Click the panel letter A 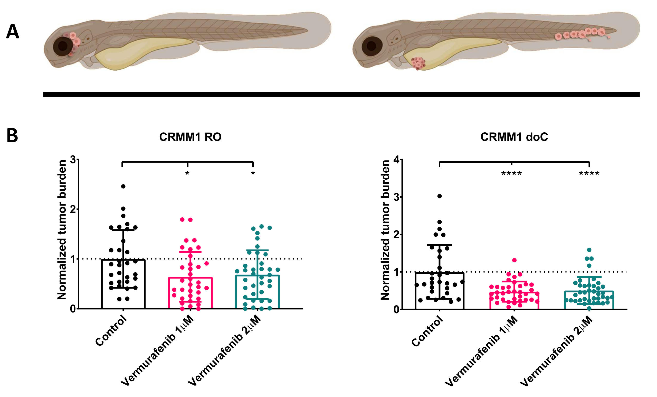pos(13,32)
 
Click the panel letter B pos(12,135)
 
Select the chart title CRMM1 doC pos(514,137)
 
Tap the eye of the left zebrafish pos(63,47)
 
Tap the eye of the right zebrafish pos(372,46)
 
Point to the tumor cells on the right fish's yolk pos(418,63)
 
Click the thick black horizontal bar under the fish pos(341,94)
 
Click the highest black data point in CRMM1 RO pos(123,186)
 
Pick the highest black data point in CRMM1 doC pos(440,196)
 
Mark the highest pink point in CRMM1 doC pos(514,260)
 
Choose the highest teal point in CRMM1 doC pos(589,250)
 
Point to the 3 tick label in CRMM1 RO pos(73,160)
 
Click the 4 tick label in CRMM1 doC pos(396,160)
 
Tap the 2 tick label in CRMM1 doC pos(396,235)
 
